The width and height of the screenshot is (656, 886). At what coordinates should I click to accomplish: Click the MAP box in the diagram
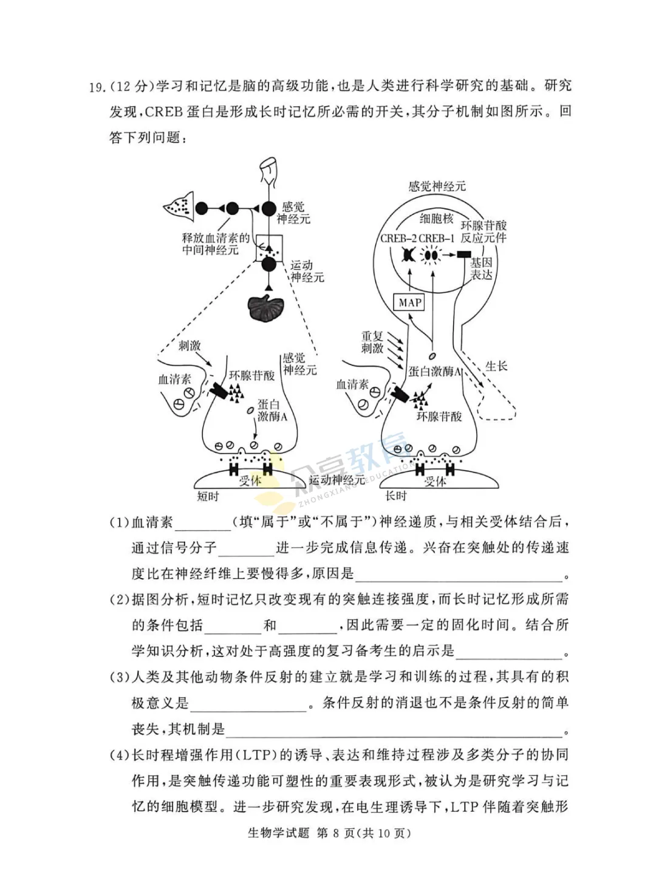[410, 302]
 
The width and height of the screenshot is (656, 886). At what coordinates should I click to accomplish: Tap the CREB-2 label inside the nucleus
[398, 239]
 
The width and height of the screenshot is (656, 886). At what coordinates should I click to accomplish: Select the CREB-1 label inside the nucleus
[436, 239]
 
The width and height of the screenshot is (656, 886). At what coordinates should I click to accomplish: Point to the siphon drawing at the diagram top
[268, 171]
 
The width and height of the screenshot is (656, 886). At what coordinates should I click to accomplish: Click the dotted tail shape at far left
[179, 206]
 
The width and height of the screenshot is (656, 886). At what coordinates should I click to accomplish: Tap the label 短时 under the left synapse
[208, 497]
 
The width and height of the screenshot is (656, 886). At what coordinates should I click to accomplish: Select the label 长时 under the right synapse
[395, 496]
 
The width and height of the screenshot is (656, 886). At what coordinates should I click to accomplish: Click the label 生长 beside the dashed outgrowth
[496, 366]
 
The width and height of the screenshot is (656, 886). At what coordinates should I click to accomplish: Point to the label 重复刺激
[372, 342]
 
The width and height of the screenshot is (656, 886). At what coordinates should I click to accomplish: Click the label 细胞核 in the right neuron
[436, 219]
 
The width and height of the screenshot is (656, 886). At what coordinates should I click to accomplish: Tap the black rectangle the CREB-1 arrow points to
[465, 254]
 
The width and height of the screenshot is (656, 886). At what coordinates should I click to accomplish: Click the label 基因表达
[481, 268]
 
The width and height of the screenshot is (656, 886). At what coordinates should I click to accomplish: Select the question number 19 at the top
[97, 87]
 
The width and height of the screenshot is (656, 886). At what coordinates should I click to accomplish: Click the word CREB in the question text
[164, 112]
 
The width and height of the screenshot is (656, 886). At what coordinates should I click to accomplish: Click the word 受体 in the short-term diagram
[250, 480]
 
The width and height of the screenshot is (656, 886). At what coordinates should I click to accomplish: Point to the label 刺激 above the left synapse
[190, 346]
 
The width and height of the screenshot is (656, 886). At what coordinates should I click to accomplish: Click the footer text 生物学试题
[278, 833]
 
